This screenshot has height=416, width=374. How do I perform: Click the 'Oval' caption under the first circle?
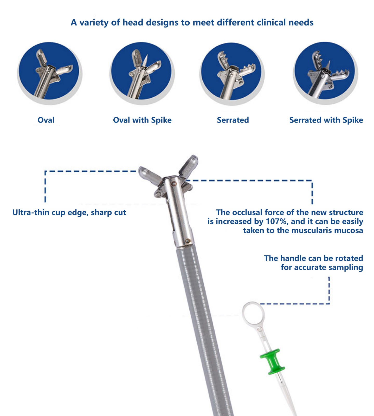(46, 120)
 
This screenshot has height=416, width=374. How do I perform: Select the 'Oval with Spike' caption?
(142, 120)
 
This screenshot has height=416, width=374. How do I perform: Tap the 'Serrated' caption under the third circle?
(233, 120)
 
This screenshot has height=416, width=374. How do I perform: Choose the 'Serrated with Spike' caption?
(326, 120)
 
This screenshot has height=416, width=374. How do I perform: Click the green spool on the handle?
(273, 362)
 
